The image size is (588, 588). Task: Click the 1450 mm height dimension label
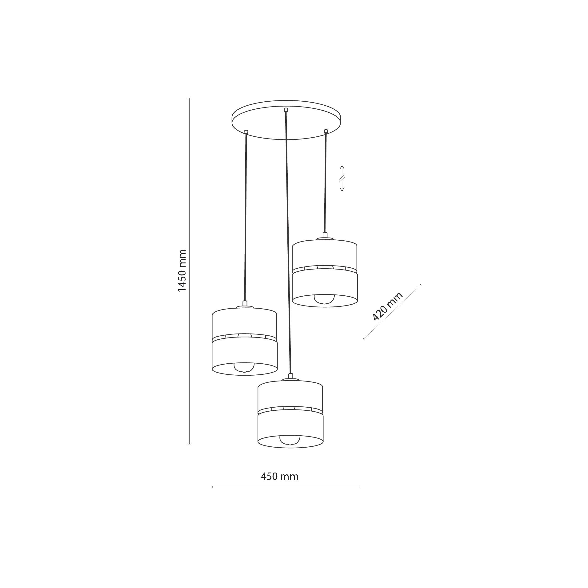[182, 270]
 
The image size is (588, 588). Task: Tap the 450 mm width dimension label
[279, 476]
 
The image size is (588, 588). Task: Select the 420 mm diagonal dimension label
[387, 306]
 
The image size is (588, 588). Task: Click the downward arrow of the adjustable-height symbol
[342, 186]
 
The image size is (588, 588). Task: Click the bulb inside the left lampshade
[244, 368]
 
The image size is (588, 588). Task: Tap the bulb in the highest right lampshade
[324, 299]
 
